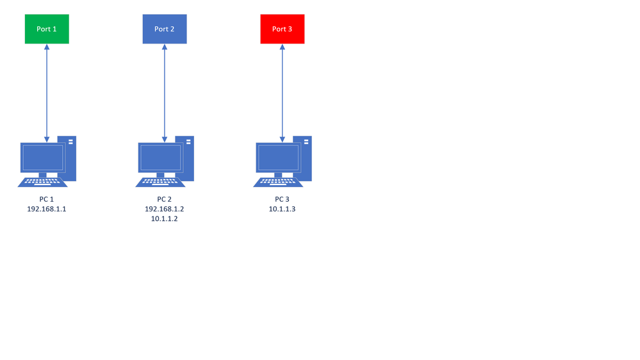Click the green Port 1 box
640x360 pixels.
pyautogui.click(x=47, y=29)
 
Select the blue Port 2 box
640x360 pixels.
pyautogui.click(x=165, y=29)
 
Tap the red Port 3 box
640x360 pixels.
pyautogui.click(x=283, y=29)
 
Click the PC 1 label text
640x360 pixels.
pyautogui.click(x=47, y=199)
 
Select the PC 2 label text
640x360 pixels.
pyautogui.click(x=165, y=199)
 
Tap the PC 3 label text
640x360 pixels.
pyautogui.click(x=283, y=199)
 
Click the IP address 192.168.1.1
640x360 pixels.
pyautogui.click(x=47, y=209)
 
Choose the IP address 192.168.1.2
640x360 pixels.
pyautogui.click(x=165, y=209)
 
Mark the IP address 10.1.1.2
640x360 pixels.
pyautogui.click(x=165, y=218)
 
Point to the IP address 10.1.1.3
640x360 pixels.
pyautogui.click(x=283, y=209)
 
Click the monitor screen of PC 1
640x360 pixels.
pyautogui.click(x=43, y=157)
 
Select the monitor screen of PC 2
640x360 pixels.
pyautogui.click(x=161, y=157)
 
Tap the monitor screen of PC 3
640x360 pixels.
pyautogui.click(x=279, y=157)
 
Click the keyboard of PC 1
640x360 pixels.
pyautogui.click(x=42, y=182)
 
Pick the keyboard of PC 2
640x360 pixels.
pyautogui.click(x=160, y=182)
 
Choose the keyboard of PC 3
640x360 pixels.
pyautogui.click(x=278, y=182)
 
